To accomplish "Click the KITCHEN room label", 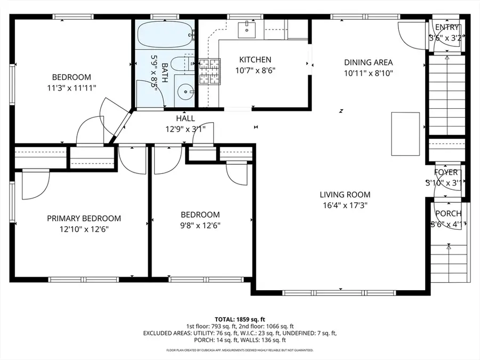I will [255, 60].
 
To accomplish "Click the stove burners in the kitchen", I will [210, 72].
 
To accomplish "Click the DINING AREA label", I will [368, 62].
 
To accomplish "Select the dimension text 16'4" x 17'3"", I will [345, 205].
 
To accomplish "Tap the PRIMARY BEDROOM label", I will [84, 218].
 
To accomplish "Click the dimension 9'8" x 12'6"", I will [200, 225].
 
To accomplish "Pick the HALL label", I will [185, 118].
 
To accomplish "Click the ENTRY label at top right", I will [446, 28].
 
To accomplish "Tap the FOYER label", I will [445, 172].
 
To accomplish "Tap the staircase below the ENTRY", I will [446, 96].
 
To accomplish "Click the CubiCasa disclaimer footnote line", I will [239, 350].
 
